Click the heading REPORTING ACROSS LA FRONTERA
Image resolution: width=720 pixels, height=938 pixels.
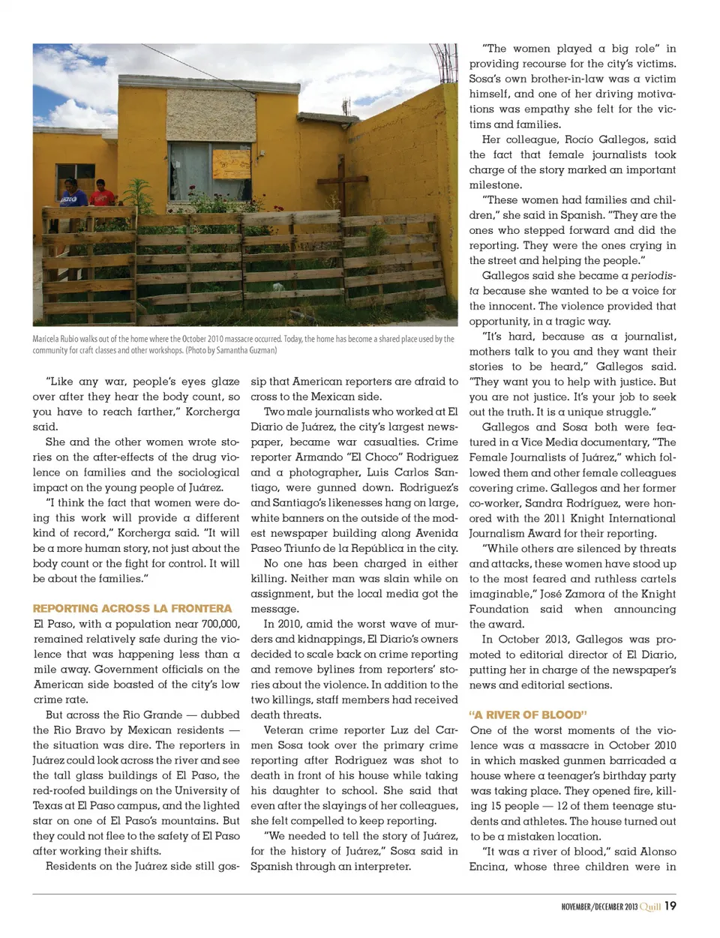click(x=133, y=609)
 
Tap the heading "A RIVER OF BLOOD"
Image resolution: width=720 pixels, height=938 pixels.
click(x=528, y=715)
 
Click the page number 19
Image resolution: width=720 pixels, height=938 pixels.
click(x=670, y=906)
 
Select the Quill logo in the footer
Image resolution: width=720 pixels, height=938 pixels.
click(x=650, y=907)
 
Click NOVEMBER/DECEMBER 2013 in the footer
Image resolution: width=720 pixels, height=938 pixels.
click(x=599, y=907)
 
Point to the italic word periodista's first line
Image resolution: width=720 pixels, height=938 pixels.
click(x=652, y=276)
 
